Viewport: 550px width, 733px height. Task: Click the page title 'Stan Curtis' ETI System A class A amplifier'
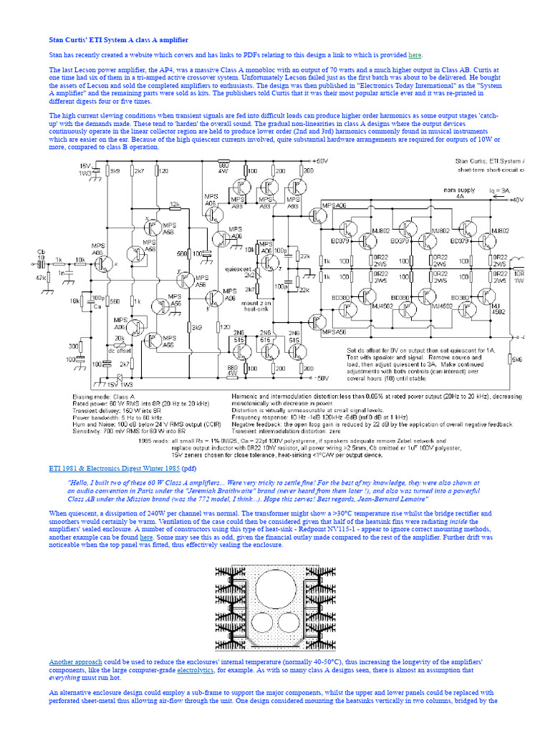click(118, 40)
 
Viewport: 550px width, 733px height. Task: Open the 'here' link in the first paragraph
click(415, 55)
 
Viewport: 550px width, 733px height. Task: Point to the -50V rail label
click(320, 377)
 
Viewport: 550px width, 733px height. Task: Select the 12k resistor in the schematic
click(174, 204)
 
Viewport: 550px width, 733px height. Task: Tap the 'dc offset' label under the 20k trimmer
click(119, 351)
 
